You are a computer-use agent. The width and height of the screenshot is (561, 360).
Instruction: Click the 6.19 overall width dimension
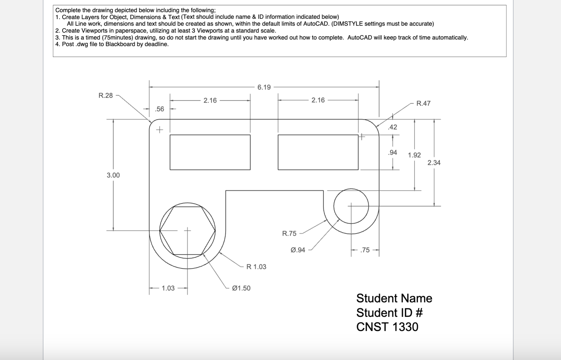tap(264, 87)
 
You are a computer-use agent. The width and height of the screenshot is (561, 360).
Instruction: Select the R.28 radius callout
tap(106, 95)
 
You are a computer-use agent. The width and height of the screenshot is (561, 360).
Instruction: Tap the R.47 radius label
tap(423, 103)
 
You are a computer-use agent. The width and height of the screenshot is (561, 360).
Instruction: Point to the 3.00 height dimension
tap(113, 175)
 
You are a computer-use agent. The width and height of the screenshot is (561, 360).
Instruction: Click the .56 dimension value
tap(159, 109)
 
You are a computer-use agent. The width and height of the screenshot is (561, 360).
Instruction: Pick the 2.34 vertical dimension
tap(434, 163)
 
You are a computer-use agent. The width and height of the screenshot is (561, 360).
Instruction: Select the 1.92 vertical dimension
tap(414, 155)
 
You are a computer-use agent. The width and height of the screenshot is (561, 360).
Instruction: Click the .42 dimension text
tap(392, 127)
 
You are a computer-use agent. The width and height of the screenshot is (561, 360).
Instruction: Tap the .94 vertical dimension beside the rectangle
tap(392, 152)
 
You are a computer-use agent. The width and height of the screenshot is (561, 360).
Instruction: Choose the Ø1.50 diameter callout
tap(241, 288)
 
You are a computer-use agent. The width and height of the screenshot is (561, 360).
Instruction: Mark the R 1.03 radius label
tap(256, 267)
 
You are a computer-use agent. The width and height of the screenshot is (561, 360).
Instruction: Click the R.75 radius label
tap(289, 234)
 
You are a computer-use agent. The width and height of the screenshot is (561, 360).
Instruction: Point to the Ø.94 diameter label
tap(298, 250)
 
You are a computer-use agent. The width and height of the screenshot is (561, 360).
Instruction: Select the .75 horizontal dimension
tap(365, 250)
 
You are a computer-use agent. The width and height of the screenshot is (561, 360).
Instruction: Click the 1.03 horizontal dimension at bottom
tap(168, 288)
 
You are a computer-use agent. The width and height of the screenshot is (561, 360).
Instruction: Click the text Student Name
tap(394, 298)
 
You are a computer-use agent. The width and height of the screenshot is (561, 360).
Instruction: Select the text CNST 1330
tap(387, 327)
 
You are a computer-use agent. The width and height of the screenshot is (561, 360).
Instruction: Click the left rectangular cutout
tap(210, 152)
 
